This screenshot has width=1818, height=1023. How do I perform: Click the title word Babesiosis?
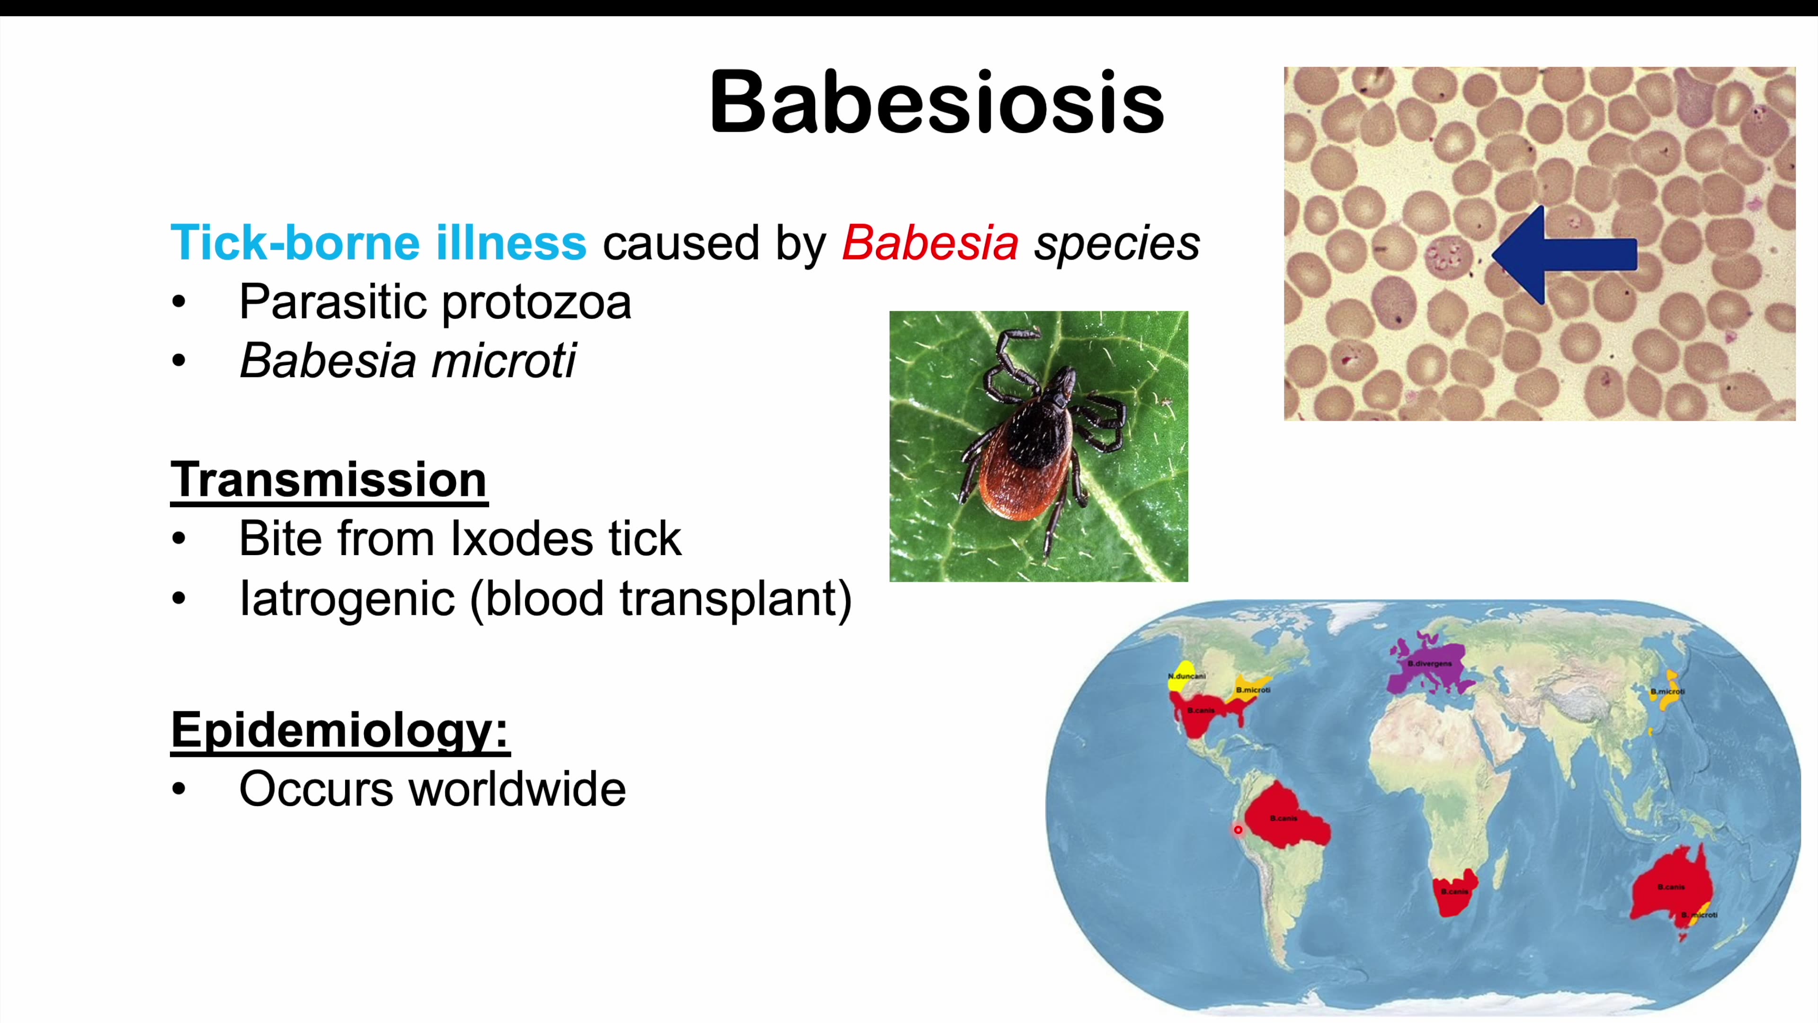click(x=936, y=102)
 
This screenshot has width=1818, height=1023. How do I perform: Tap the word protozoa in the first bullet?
click(x=536, y=302)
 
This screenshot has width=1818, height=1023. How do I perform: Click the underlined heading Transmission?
click(x=329, y=479)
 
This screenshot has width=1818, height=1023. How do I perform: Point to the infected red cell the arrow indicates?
click(x=1447, y=256)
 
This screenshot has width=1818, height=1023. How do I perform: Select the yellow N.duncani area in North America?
click(x=1181, y=674)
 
